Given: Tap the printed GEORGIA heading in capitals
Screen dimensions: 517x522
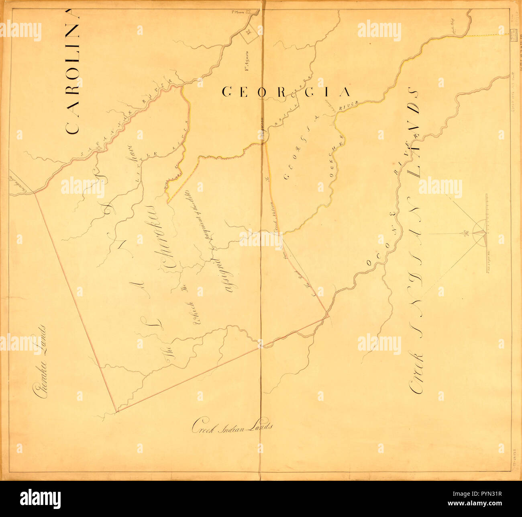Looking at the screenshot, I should [x=286, y=92].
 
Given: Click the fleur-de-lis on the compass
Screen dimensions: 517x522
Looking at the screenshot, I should [x=466, y=233].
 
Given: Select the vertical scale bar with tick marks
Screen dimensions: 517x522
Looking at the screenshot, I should [x=487, y=233].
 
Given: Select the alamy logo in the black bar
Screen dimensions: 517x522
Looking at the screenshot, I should [x=40, y=499].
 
